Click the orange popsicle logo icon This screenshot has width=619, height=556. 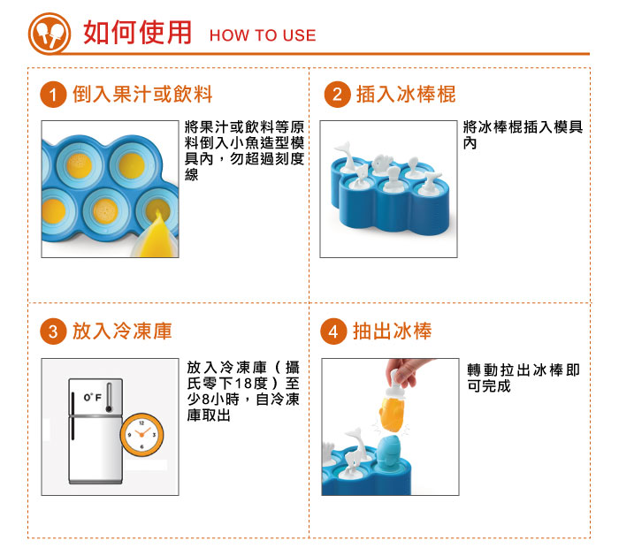click(50, 33)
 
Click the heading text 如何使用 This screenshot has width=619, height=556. click(137, 33)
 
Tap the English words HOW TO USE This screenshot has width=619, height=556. click(262, 35)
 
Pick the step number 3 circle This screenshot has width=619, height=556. click(55, 331)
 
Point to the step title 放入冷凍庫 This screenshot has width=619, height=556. click(122, 331)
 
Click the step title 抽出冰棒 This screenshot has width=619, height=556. click(392, 331)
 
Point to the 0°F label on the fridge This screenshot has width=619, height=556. click(92, 400)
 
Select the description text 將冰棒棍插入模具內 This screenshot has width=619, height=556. click(523, 135)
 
